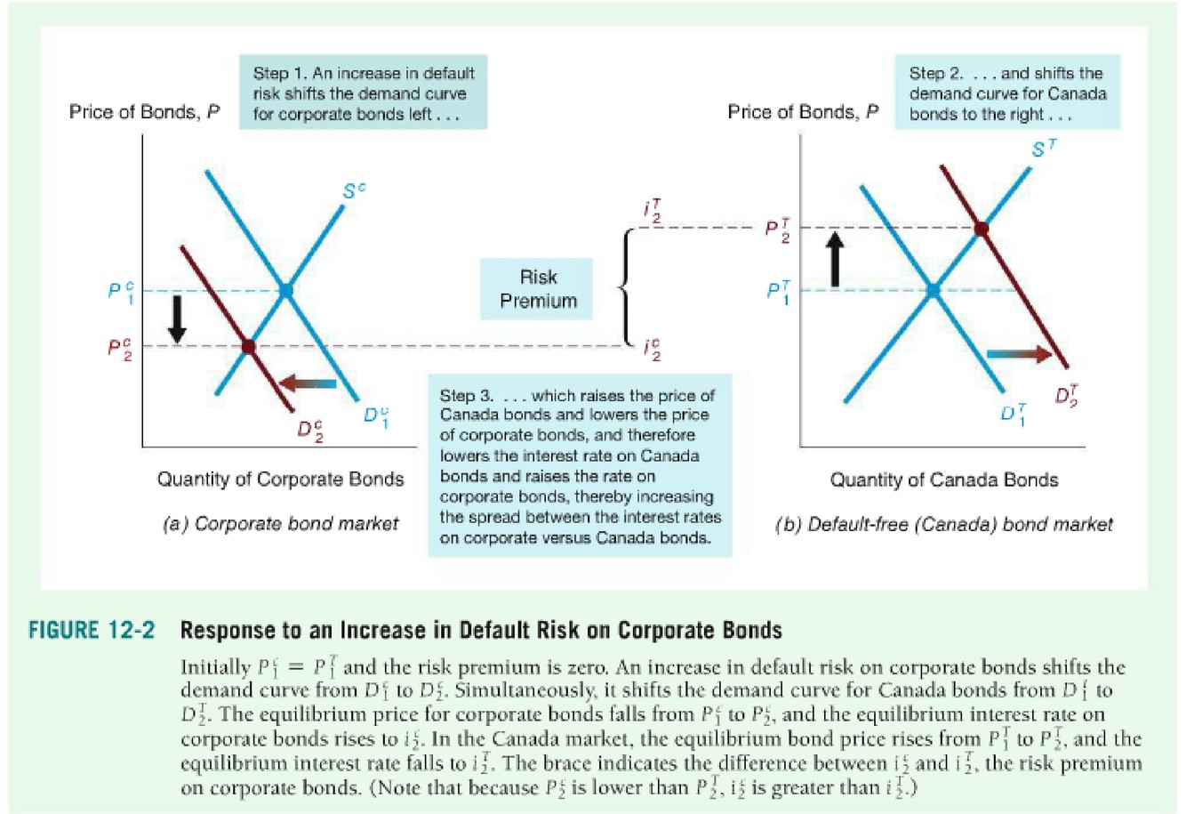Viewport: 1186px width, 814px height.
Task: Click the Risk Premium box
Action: [x=537, y=288]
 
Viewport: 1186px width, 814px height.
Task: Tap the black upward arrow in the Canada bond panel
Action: [x=834, y=260]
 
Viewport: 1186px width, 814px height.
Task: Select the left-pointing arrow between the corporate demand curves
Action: [x=307, y=383]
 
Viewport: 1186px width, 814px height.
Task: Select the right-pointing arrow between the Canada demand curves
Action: [x=1019, y=354]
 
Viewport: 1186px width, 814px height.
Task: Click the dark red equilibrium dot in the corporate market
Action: [x=248, y=346]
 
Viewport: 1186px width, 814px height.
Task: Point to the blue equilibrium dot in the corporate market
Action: [x=285, y=290]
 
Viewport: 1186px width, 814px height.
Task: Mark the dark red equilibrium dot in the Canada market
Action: [x=981, y=229]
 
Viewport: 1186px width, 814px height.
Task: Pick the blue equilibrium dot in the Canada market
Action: [x=933, y=290]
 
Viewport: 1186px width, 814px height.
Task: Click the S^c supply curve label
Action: [x=354, y=190]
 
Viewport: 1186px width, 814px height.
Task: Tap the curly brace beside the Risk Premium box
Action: [x=625, y=286]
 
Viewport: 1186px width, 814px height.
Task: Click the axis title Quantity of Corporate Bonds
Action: [x=280, y=480]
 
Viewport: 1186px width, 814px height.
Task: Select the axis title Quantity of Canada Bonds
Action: [x=944, y=480]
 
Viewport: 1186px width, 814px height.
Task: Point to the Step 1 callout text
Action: [x=363, y=93]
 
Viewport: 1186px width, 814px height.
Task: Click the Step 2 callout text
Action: [x=1006, y=93]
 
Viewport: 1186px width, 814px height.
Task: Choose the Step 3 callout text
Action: [x=580, y=466]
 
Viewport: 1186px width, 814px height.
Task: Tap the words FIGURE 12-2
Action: [x=92, y=631]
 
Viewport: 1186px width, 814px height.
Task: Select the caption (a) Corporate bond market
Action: [x=280, y=524]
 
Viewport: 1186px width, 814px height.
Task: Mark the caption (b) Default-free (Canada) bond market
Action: [x=944, y=524]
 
